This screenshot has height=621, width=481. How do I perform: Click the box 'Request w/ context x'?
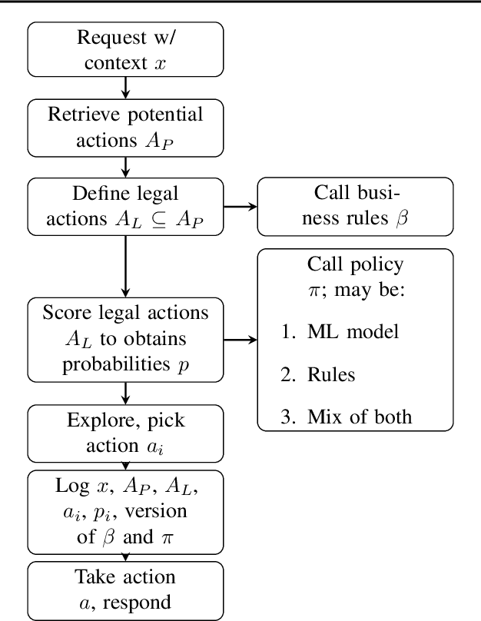pyautogui.click(x=125, y=50)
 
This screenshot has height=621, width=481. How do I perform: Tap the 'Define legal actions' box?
pyautogui.click(x=125, y=206)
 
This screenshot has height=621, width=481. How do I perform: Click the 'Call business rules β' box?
pyautogui.click(x=355, y=206)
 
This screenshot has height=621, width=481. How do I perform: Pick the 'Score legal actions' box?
pyautogui.click(x=125, y=338)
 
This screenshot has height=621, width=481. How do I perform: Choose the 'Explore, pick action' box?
pyautogui.click(x=125, y=433)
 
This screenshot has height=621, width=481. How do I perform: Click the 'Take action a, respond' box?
pyautogui.click(x=125, y=589)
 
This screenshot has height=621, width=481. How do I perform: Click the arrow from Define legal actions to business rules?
pyautogui.click(x=240, y=206)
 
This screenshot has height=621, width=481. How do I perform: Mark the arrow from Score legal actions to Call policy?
pyautogui.click(x=240, y=338)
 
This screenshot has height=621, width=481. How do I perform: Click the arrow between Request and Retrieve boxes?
pyautogui.click(x=125, y=88)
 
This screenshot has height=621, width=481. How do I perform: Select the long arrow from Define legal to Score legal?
pyautogui.click(x=125, y=265)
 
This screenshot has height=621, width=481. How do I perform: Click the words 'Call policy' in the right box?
pyautogui.click(x=355, y=265)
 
